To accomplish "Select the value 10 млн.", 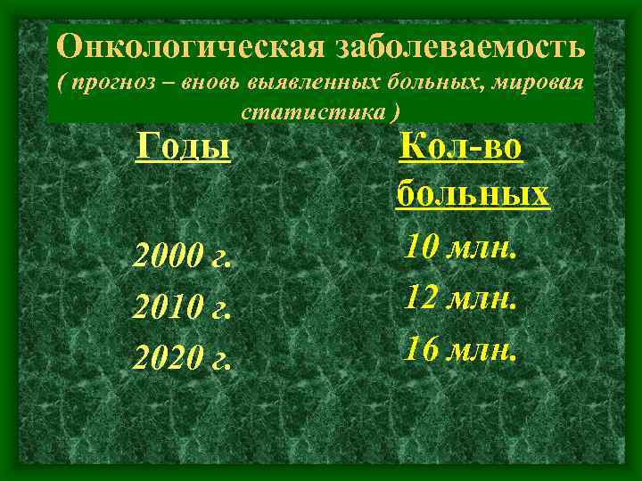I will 460,246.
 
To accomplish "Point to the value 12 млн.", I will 460,297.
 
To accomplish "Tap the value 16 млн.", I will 460,347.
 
